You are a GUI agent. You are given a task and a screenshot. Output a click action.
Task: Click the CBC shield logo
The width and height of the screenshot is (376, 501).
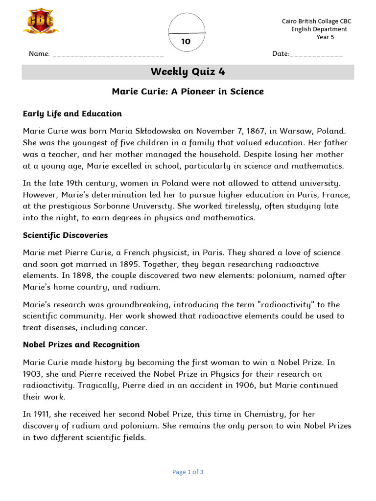pos(41,22)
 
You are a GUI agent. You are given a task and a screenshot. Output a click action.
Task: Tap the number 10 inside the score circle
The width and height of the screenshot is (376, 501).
pos(186,42)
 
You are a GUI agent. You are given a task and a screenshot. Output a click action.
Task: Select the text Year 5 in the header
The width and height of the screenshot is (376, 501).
pos(325,37)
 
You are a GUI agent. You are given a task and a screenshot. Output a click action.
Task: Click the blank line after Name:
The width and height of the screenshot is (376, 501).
pos(108,54)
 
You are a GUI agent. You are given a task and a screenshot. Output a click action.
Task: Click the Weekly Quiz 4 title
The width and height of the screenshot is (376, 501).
pos(188,72)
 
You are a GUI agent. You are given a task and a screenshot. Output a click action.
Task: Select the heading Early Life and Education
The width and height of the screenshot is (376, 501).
pos(72,114)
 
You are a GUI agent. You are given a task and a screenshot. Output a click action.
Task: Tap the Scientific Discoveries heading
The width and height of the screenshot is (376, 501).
pos(65,235)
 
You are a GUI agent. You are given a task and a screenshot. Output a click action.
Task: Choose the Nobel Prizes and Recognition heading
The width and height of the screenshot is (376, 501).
pos(81,344)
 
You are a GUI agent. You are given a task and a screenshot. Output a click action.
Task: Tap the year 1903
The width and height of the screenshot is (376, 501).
pos(34,374)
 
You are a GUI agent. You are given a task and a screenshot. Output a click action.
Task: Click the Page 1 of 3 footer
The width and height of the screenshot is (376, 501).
pos(188,472)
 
